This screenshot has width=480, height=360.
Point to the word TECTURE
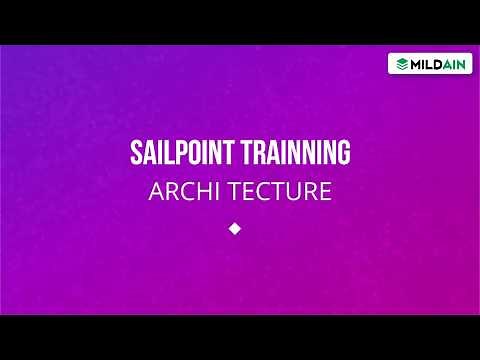coord(280,191)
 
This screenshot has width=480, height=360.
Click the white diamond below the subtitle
coord(236,228)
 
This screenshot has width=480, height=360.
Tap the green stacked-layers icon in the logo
coord(401,63)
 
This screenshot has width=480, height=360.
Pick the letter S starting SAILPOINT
coord(137,154)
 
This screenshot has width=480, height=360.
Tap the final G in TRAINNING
coord(343,154)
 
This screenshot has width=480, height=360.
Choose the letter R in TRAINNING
coord(265,154)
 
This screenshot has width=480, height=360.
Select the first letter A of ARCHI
coord(154,191)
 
